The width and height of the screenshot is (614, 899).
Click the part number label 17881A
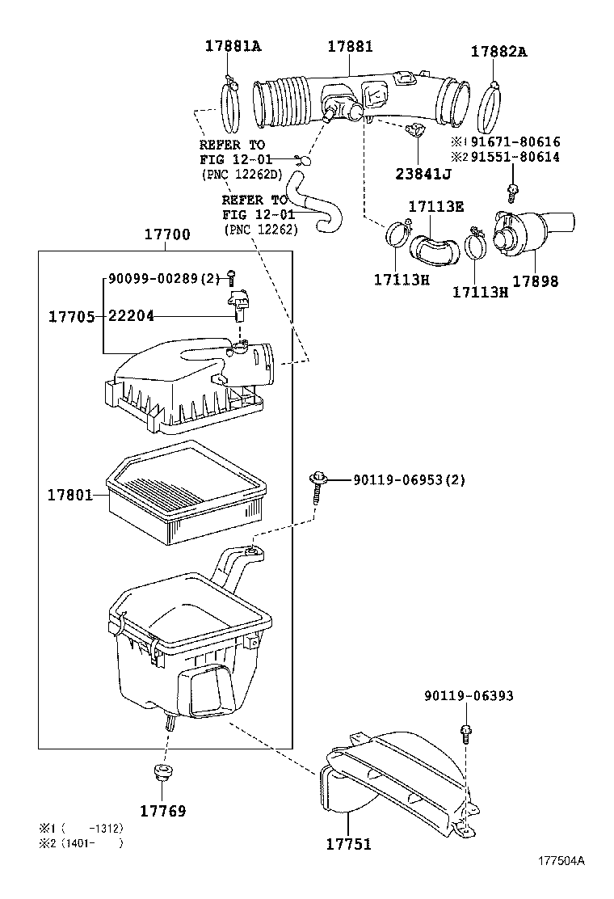point(232,47)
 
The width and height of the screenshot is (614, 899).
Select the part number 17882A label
point(498,52)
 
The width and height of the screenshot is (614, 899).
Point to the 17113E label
point(435,206)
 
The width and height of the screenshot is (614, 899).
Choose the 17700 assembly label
point(166,235)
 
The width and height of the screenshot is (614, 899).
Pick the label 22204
point(132,316)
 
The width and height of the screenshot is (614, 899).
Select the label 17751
point(348,844)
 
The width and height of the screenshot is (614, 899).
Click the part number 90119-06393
point(469,696)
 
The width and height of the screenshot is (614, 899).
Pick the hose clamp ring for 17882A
point(491,110)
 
